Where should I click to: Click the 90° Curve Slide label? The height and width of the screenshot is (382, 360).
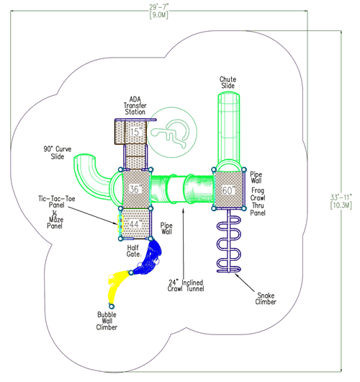pyautogui.click(x=55, y=154)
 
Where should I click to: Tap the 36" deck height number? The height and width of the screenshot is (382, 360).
pyautogui.click(x=135, y=190)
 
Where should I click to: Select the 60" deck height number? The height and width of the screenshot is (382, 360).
pyautogui.click(x=230, y=190)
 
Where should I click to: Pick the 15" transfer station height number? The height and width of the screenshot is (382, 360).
pyautogui.click(x=135, y=132)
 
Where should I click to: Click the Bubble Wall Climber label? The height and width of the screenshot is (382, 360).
pyautogui.click(x=108, y=320)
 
